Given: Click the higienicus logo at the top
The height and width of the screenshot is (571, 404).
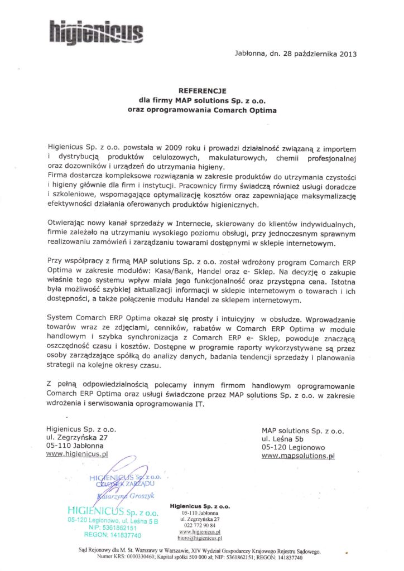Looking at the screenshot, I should (x=95, y=29).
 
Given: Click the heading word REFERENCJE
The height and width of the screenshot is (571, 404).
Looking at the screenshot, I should (x=201, y=91).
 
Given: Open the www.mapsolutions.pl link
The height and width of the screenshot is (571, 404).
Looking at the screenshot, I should (x=297, y=456).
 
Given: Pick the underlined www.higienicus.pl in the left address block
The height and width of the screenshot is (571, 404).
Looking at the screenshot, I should (x=78, y=454).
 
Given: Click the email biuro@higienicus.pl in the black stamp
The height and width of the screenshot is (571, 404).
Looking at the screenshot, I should (x=199, y=538).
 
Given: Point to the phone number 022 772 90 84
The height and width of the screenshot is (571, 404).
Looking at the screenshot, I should (x=199, y=526).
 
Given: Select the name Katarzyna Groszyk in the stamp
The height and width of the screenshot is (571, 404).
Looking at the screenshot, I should (x=126, y=496).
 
